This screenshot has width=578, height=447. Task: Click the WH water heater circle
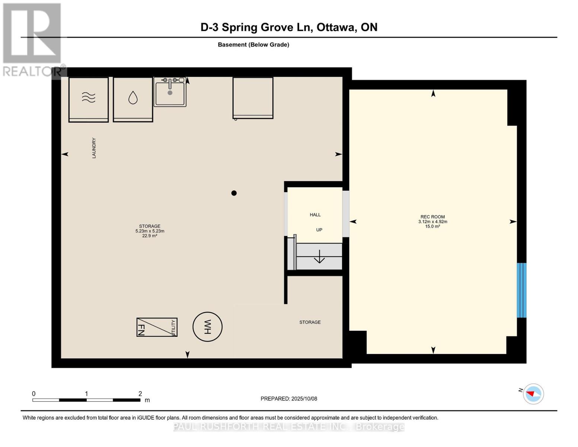207,327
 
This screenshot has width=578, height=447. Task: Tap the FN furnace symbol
157,327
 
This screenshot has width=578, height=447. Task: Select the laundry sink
170,92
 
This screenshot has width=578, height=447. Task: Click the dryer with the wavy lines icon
89,99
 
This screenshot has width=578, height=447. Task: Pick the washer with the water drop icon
133,99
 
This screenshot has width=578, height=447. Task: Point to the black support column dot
234,193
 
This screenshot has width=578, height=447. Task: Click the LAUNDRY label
94,148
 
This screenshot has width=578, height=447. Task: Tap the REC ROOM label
432,217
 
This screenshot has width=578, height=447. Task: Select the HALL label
315,215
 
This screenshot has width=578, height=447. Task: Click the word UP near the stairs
319,230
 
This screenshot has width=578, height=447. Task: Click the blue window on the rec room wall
521,290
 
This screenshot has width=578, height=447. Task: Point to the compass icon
533,394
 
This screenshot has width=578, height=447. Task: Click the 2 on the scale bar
140,394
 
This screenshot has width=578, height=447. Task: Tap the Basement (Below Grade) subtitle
253,45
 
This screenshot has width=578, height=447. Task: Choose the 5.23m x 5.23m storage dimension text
150,231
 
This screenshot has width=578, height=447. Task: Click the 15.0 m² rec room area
432,226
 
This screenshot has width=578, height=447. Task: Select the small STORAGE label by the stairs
310,322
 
